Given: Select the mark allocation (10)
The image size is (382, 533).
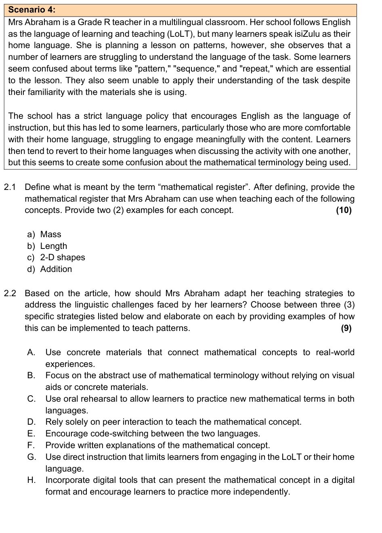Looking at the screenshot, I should pyautogui.click(x=344, y=210).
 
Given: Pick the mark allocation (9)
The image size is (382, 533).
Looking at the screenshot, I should pyautogui.click(x=346, y=328).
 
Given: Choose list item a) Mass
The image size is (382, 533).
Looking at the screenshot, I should pyautogui.click(x=44, y=234).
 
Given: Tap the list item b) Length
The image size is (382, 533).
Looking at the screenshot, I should pyautogui.click(x=47, y=246).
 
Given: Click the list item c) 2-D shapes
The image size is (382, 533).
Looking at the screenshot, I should pyautogui.click(x=56, y=257).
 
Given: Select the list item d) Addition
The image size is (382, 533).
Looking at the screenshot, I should pyautogui.click(x=50, y=269).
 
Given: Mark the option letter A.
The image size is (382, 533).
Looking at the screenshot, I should pyautogui.click(x=31, y=352).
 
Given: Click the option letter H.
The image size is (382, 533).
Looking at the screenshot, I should pyautogui.click(x=31, y=480).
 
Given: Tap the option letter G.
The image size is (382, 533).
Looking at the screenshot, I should pyautogui.click(x=31, y=457).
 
